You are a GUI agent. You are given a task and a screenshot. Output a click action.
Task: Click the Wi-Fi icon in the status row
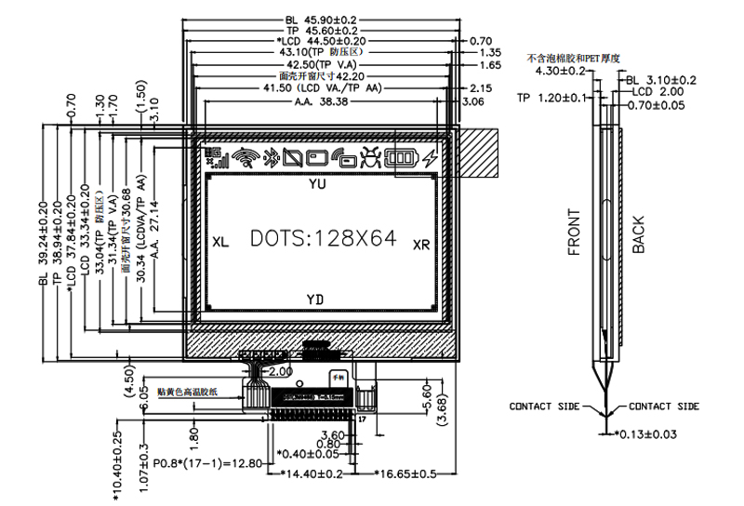(x=246, y=158)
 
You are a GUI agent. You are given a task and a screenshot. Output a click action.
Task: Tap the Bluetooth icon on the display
(x=272, y=158)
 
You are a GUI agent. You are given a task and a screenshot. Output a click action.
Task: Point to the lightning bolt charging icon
(x=430, y=158)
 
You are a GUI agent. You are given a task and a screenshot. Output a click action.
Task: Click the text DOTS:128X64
(x=324, y=239)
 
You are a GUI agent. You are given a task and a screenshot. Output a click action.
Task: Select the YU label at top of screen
(x=317, y=184)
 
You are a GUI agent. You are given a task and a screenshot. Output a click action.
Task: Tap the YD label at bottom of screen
(x=316, y=298)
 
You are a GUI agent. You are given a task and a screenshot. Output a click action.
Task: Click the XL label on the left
(x=220, y=242)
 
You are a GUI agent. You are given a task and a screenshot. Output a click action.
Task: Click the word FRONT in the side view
(x=575, y=233)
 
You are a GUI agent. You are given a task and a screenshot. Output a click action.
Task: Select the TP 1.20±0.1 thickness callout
(x=552, y=97)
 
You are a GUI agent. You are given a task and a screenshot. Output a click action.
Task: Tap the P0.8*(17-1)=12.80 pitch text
(x=209, y=462)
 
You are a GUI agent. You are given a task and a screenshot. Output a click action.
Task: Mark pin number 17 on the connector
(x=362, y=420)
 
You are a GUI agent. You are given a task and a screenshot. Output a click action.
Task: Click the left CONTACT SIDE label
(x=543, y=406)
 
